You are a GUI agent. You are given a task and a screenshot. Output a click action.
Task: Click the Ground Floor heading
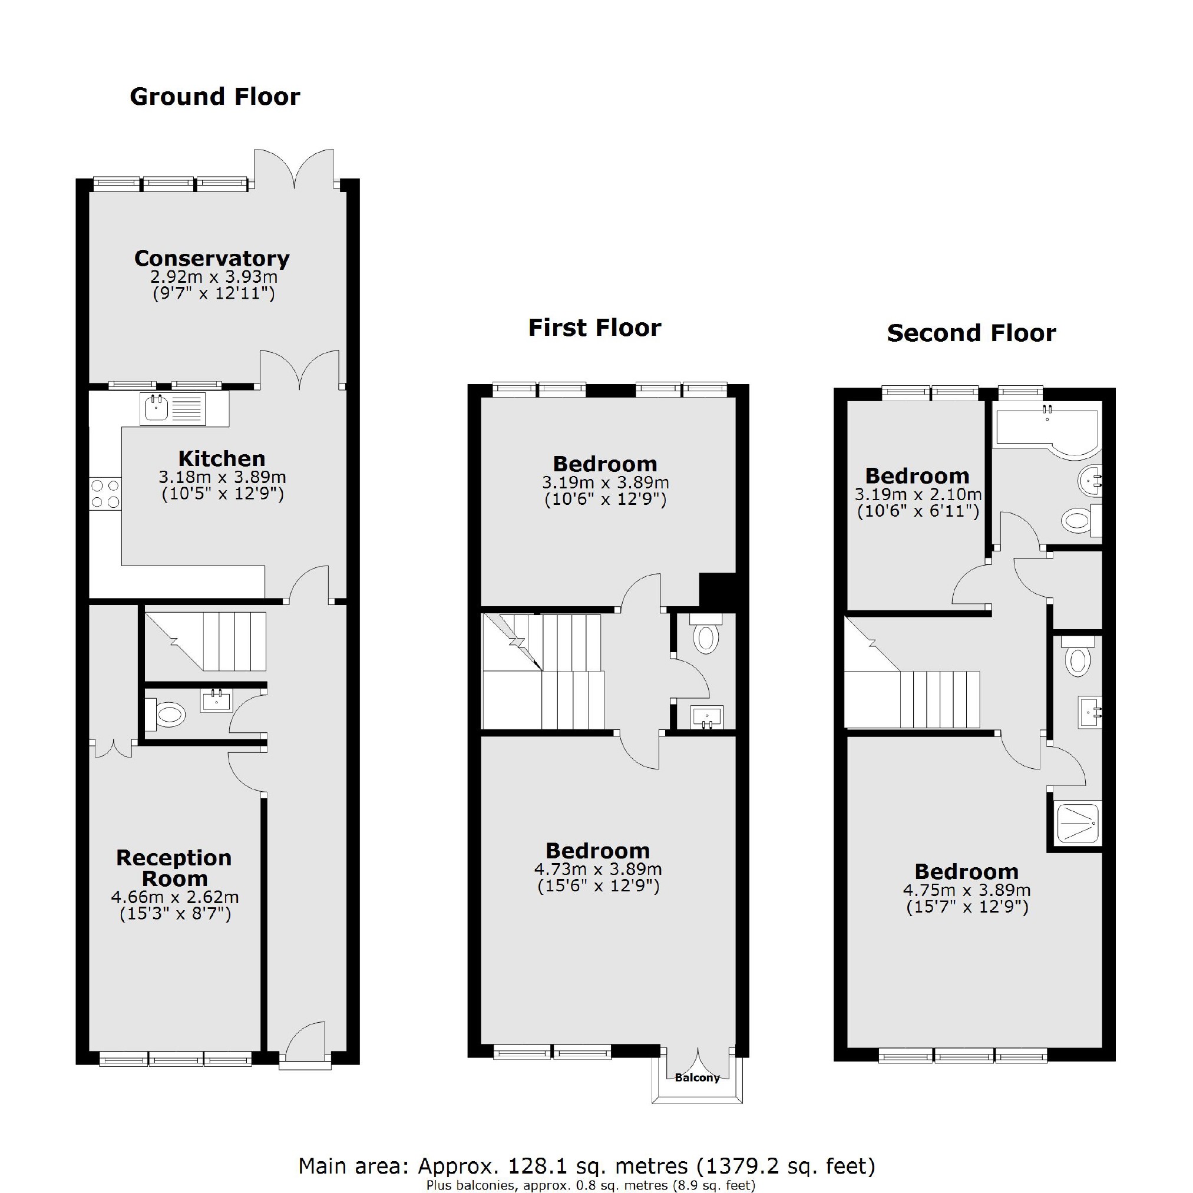point(215,97)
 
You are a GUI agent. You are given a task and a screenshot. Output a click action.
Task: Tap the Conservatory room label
point(212,258)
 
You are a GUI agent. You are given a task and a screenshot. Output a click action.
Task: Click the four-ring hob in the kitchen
point(105,494)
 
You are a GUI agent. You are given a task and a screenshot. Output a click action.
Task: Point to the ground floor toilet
point(167,715)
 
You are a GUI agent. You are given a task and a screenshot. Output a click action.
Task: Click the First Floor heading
point(594,328)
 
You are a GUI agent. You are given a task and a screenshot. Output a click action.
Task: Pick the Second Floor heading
point(971,333)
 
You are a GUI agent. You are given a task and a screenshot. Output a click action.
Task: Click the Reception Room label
point(174,868)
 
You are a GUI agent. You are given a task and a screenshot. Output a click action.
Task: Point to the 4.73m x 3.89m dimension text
point(598,870)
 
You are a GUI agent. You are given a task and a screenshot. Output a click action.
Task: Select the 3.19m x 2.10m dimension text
point(918,495)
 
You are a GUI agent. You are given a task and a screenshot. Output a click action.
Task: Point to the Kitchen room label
point(222,459)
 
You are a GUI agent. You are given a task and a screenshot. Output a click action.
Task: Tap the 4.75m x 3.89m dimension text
point(967,890)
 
